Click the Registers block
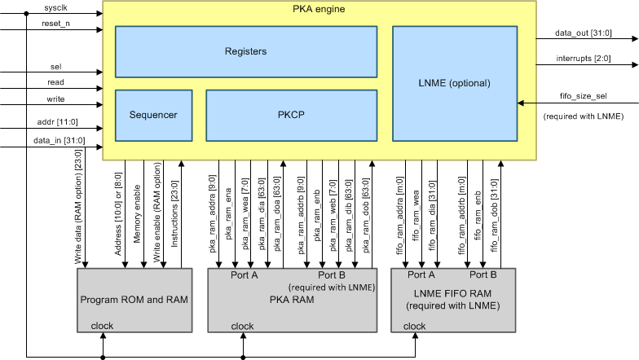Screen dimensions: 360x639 point(246,51)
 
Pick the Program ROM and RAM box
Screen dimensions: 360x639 point(134,300)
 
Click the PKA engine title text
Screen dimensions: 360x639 point(319,9)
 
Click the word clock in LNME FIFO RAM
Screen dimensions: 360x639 point(414,327)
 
